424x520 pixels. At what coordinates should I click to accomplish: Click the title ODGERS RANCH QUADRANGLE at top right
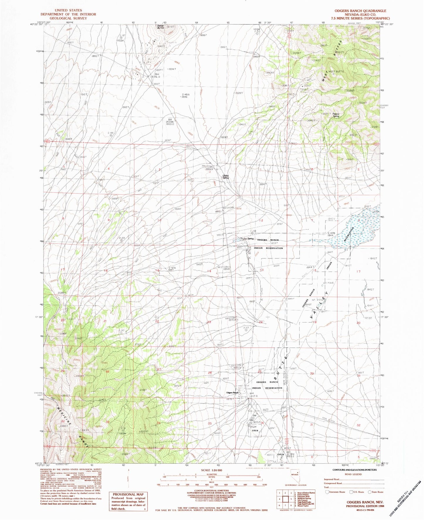pos(360,11)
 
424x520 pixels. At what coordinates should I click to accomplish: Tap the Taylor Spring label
pos(247,238)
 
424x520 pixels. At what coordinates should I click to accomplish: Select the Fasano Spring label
pos(336,115)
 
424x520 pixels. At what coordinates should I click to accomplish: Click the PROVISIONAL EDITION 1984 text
pos(365,506)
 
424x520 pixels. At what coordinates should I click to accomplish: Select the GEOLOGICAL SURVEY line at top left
pos(68,18)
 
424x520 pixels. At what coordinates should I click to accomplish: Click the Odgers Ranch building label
pos(232,393)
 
